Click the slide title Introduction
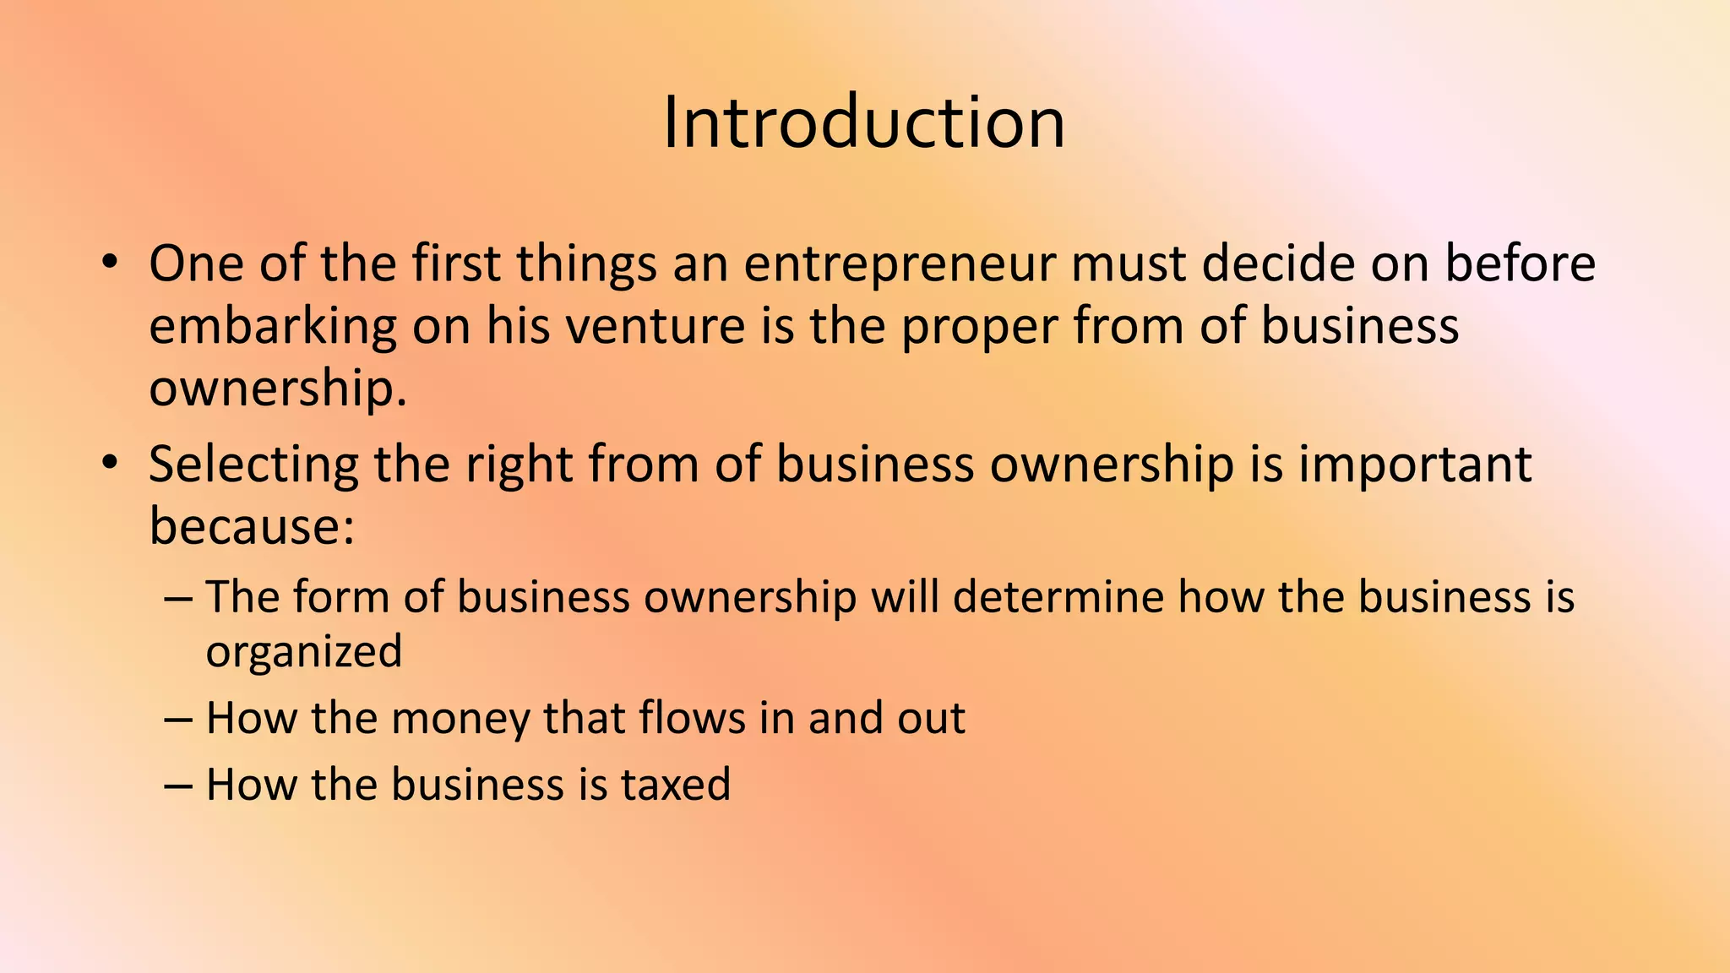[863, 123]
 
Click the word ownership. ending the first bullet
[278, 389]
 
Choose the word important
[1414, 465]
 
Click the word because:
[252, 526]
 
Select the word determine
[1058, 597]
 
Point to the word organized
[304, 652]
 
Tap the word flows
[692, 719]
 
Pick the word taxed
[676, 785]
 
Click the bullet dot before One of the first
[108, 263]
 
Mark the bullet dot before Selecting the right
[108, 464]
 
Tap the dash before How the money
[178, 720]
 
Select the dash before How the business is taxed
[178, 785]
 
